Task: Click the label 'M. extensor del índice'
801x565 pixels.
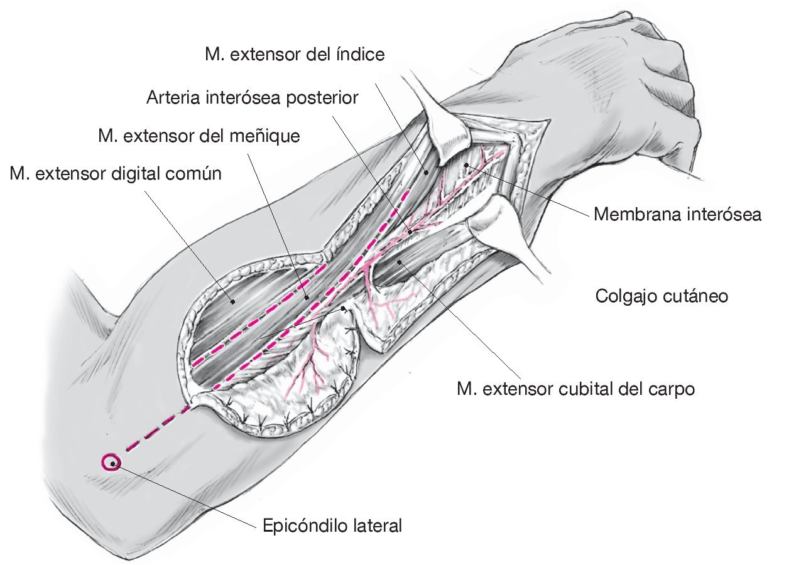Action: (x=294, y=55)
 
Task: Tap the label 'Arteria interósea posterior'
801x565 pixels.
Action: (x=252, y=98)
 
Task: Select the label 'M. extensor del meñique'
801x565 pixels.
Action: (x=199, y=135)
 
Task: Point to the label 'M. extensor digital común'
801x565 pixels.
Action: (x=116, y=173)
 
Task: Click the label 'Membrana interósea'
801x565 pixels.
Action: (x=677, y=215)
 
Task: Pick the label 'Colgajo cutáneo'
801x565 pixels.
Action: (x=662, y=295)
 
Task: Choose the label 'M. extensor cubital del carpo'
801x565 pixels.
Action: (x=576, y=389)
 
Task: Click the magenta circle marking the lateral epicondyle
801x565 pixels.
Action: (x=111, y=463)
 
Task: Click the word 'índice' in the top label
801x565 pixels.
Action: (x=362, y=55)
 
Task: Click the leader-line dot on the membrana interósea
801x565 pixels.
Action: (x=466, y=165)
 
